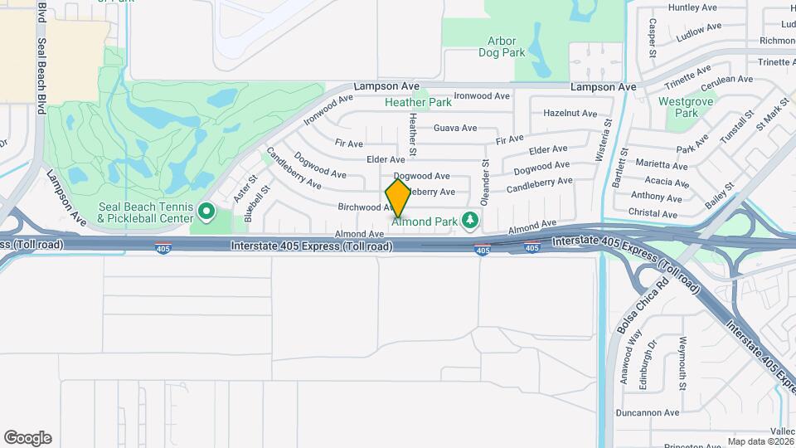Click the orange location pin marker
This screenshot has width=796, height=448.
click(399, 198)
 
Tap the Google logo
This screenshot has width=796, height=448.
click(27, 438)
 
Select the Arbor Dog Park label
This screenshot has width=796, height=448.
click(502, 46)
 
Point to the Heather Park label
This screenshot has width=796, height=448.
click(419, 103)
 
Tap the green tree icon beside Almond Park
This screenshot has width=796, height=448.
click(471, 220)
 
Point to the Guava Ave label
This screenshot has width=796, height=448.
click(455, 128)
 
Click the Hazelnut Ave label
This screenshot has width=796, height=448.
click(570, 113)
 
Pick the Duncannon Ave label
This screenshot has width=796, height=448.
click(648, 412)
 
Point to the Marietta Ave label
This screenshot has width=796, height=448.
click(662, 164)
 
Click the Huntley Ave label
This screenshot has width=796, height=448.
click(692, 7)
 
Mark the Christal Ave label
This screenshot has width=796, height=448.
click(653, 213)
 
